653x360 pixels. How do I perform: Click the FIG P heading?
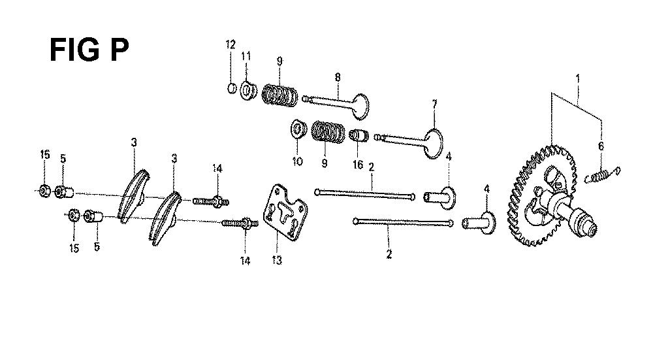pyautogui.click(x=89, y=50)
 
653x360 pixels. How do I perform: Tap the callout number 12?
pyautogui.click(x=231, y=44)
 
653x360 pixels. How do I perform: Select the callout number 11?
pyautogui.click(x=246, y=56)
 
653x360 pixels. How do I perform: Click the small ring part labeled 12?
pyautogui.click(x=232, y=88)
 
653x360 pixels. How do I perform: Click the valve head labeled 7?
pyautogui.click(x=433, y=144)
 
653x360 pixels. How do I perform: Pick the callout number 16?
pyautogui.click(x=358, y=165)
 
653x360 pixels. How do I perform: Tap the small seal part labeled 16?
pyautogui.click(x=358, y=136)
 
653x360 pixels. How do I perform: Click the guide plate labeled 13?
pyautogui.click(x=286, y=213)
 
